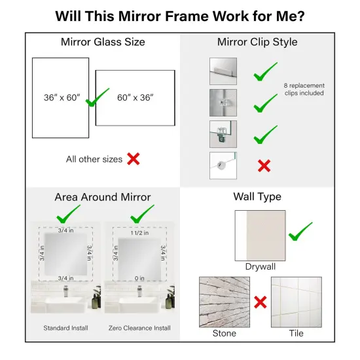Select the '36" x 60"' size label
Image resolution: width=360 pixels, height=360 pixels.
point(58,98)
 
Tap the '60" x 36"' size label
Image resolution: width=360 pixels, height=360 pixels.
point(135,98)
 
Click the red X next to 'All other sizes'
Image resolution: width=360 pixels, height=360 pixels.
point(133,158)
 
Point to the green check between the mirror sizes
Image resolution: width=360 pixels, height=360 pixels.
point(97,98)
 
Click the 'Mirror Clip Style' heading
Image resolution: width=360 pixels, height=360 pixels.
point(257,43)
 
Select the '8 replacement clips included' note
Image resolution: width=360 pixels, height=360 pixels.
point(304,89)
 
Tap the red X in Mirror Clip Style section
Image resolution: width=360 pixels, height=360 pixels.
point(264,166)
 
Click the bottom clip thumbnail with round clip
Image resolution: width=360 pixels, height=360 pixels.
point(223,165)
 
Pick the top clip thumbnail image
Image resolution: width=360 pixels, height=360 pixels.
point(223,71)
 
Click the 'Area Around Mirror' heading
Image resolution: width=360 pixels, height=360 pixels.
point(103,197)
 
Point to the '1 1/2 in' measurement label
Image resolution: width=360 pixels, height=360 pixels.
point(140,232)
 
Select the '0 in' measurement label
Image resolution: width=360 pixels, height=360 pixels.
point(139,278)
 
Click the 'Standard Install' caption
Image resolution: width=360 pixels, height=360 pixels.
point(65,327)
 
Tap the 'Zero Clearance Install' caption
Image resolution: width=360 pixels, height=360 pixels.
point(139,327)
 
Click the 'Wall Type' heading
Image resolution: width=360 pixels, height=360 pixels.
point(257,197)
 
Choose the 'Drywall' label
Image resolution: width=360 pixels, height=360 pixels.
point(260,267)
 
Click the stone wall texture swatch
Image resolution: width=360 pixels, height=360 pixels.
point(224,302)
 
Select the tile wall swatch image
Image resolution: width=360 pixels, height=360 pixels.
point(297,302)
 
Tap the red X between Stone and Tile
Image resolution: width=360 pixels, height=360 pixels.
point(260,302)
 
